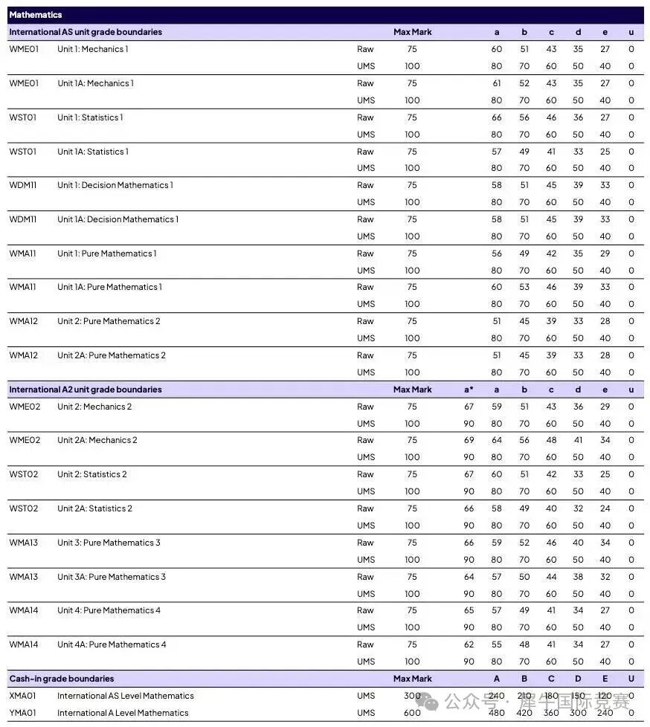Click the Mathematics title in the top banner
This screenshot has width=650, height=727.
tap(36, 15)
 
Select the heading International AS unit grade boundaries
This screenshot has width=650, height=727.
tap(86, 32)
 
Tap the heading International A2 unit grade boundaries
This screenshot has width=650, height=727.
tap(86, 390)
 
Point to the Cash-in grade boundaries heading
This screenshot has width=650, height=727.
tap(62, 679)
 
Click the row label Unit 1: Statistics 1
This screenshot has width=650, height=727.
tap(90, 117)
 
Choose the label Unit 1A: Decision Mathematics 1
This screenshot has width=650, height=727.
tap(118, 219)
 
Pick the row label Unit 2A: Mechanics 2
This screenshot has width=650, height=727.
tap(97, 440)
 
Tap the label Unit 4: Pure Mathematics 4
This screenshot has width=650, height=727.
tap(109, 610)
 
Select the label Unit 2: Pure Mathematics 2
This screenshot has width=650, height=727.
tap(109, 321)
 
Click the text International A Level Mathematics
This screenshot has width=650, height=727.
tap(123, 713)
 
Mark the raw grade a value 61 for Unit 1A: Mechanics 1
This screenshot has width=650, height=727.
tap(497, 83)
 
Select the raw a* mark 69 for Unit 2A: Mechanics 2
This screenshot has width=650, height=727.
tap(469, 440)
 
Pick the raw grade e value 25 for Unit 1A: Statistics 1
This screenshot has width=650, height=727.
tap(605, 152)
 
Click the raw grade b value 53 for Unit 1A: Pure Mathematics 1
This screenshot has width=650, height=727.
tap(524, 287)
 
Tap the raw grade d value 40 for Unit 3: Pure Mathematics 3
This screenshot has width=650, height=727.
tap(579, 543)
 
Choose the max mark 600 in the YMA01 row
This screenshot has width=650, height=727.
tap(412, 713)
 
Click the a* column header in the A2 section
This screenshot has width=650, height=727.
tap(469, 390)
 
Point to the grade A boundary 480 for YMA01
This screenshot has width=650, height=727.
tap(497, 713)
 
